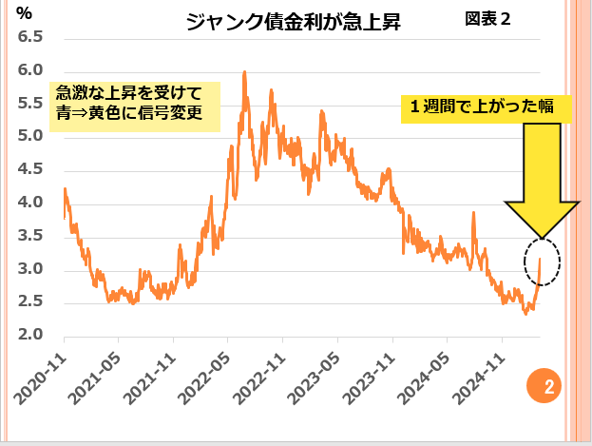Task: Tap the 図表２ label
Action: pyautogui.click(x=489, y=19)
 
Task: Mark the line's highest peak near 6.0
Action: pyautogui.click(x=245, y=72)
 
